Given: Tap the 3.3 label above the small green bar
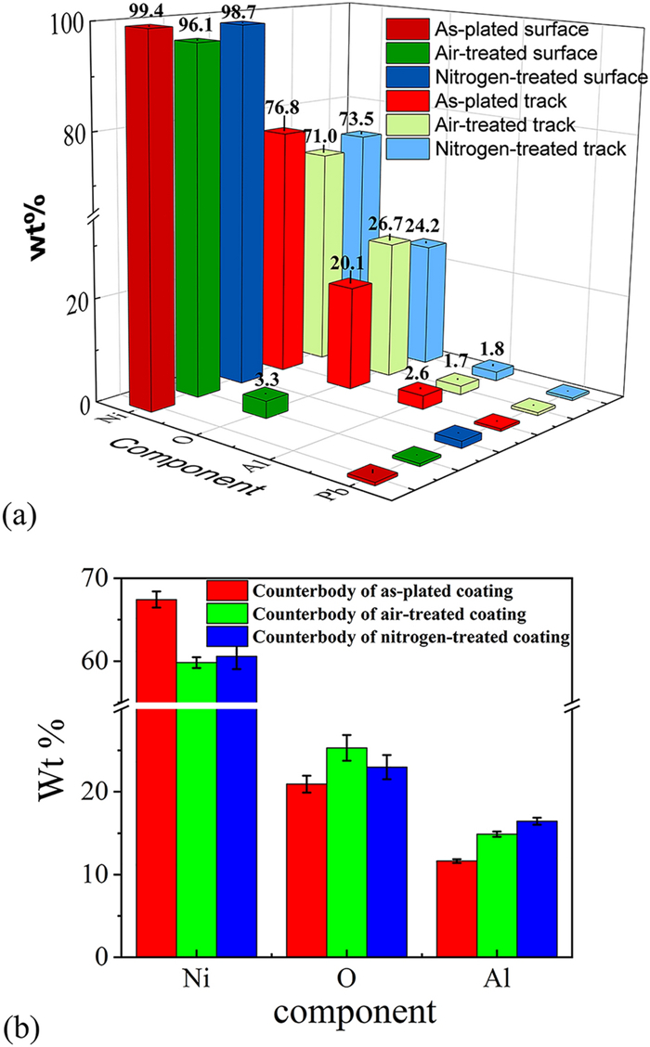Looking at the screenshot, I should pyautogui.click(x=265, y=379).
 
